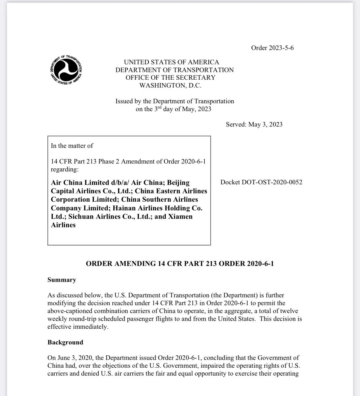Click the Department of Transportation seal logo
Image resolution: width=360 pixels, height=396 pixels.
click(66, 70)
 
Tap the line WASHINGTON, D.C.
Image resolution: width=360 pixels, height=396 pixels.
click(170, 85)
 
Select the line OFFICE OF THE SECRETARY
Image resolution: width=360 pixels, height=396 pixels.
click(170, 78)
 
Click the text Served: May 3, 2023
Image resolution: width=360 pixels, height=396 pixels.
click(254, 124)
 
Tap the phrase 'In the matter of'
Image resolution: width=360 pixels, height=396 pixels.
click(72, 146)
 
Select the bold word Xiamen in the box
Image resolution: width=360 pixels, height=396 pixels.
click(180, 216)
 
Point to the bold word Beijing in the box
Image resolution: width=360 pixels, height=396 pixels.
click(178, 183)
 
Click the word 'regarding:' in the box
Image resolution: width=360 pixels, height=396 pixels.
click(65, 169)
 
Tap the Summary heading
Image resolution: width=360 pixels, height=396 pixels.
click(62, 280)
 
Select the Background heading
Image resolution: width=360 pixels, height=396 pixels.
click(65, 342)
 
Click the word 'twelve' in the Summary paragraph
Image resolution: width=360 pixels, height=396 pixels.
click(289, 311)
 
